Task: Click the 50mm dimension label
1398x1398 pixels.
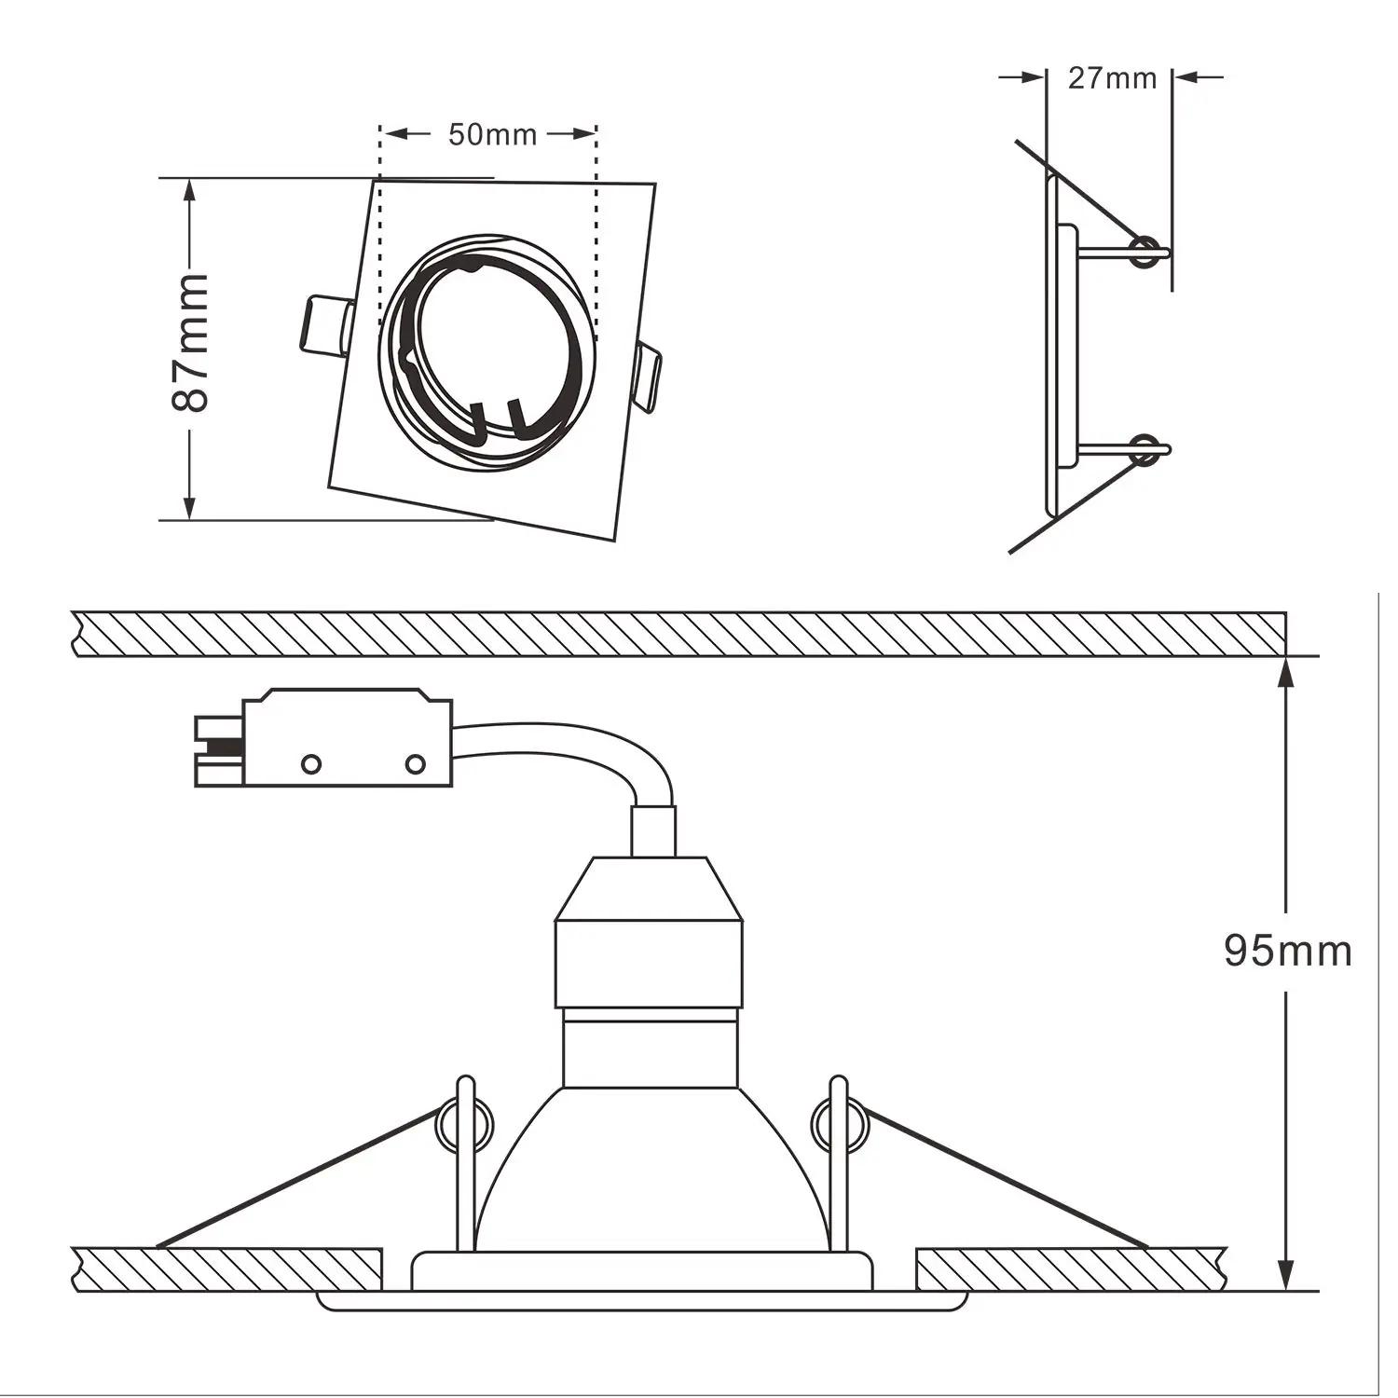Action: point(492,134)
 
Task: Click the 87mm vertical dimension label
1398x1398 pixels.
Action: point(190,342)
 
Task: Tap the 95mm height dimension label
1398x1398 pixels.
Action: point(1287,951)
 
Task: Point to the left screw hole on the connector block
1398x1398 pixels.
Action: point(310,764)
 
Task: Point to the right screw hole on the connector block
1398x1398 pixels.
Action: point(416,764)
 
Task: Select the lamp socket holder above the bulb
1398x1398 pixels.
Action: point(649,932)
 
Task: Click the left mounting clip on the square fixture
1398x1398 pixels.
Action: point(324,326)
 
